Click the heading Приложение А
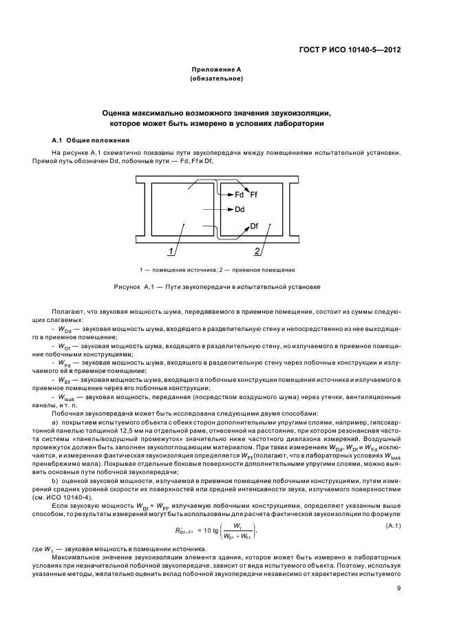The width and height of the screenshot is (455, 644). pyautogui.click(x=216, y=70)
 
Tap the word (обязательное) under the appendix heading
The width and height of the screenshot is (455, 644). pyautogui.click(x=216, y=79)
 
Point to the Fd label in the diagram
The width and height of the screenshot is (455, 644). pyautogui.click(x=240, y=194)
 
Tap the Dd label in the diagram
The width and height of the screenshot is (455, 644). pyautogui.click(x=240, y=209)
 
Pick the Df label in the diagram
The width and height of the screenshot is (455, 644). pyautogui.click(x=254, y=226)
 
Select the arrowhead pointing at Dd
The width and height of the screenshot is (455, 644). pyautogui.click(x=230, y=209)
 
